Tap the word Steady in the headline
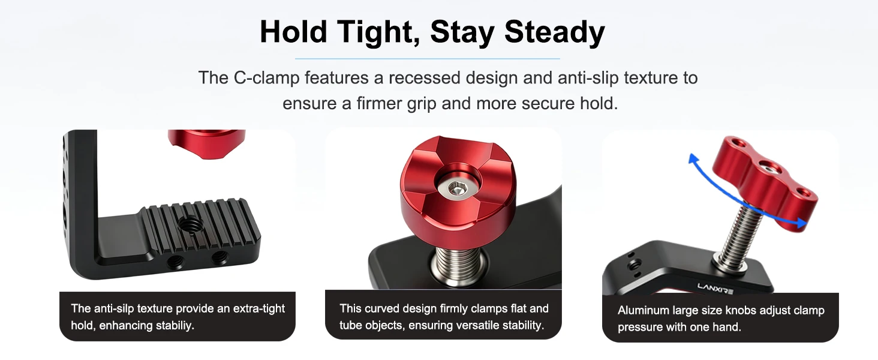click(x=555, y=33)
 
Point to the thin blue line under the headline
click(x=427, y=59)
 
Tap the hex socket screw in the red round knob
click(x=456, y=190)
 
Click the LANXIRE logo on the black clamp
click(x=715, y=288)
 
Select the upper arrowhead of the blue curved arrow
click(x=693, y=159)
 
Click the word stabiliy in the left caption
click(x=175, y=325)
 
